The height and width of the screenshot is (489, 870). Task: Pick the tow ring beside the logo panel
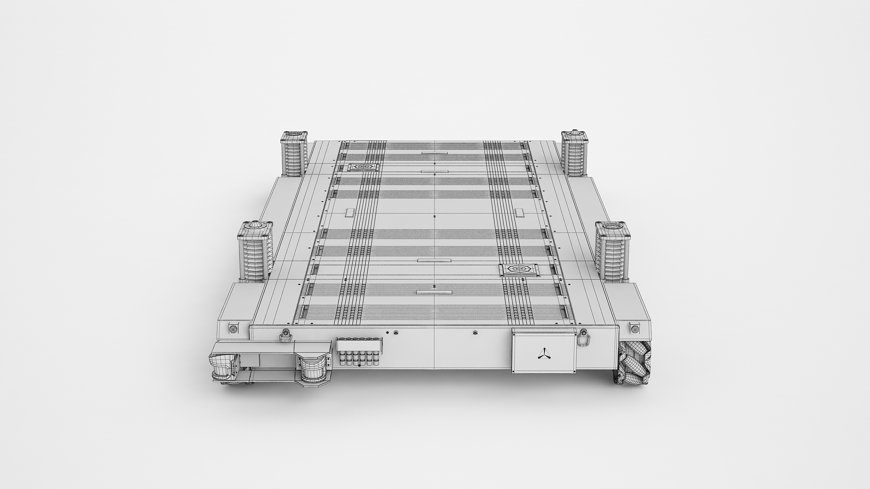click(x=583, y=337)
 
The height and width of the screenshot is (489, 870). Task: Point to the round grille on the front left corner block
click(x=233, y=329)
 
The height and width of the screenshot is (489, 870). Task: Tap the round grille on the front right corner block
click(x=635, y=329)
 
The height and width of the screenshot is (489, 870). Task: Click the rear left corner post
click(x=294, y=153)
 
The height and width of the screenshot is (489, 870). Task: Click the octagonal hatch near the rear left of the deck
click(x=363, y=168)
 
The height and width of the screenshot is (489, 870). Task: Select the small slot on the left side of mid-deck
click(x=350, y=212)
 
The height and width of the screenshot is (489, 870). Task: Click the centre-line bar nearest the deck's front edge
click(x=434, y=292)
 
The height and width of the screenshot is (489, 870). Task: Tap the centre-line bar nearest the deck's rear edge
click(x=435, y=153)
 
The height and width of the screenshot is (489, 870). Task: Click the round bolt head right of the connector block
click(x=396, y=333)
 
